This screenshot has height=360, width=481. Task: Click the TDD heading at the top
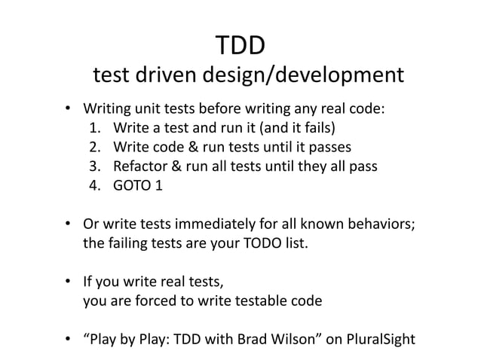(240, 46)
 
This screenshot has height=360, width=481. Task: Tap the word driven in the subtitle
(170, 76)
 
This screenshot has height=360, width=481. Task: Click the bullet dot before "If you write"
(67, 283)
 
